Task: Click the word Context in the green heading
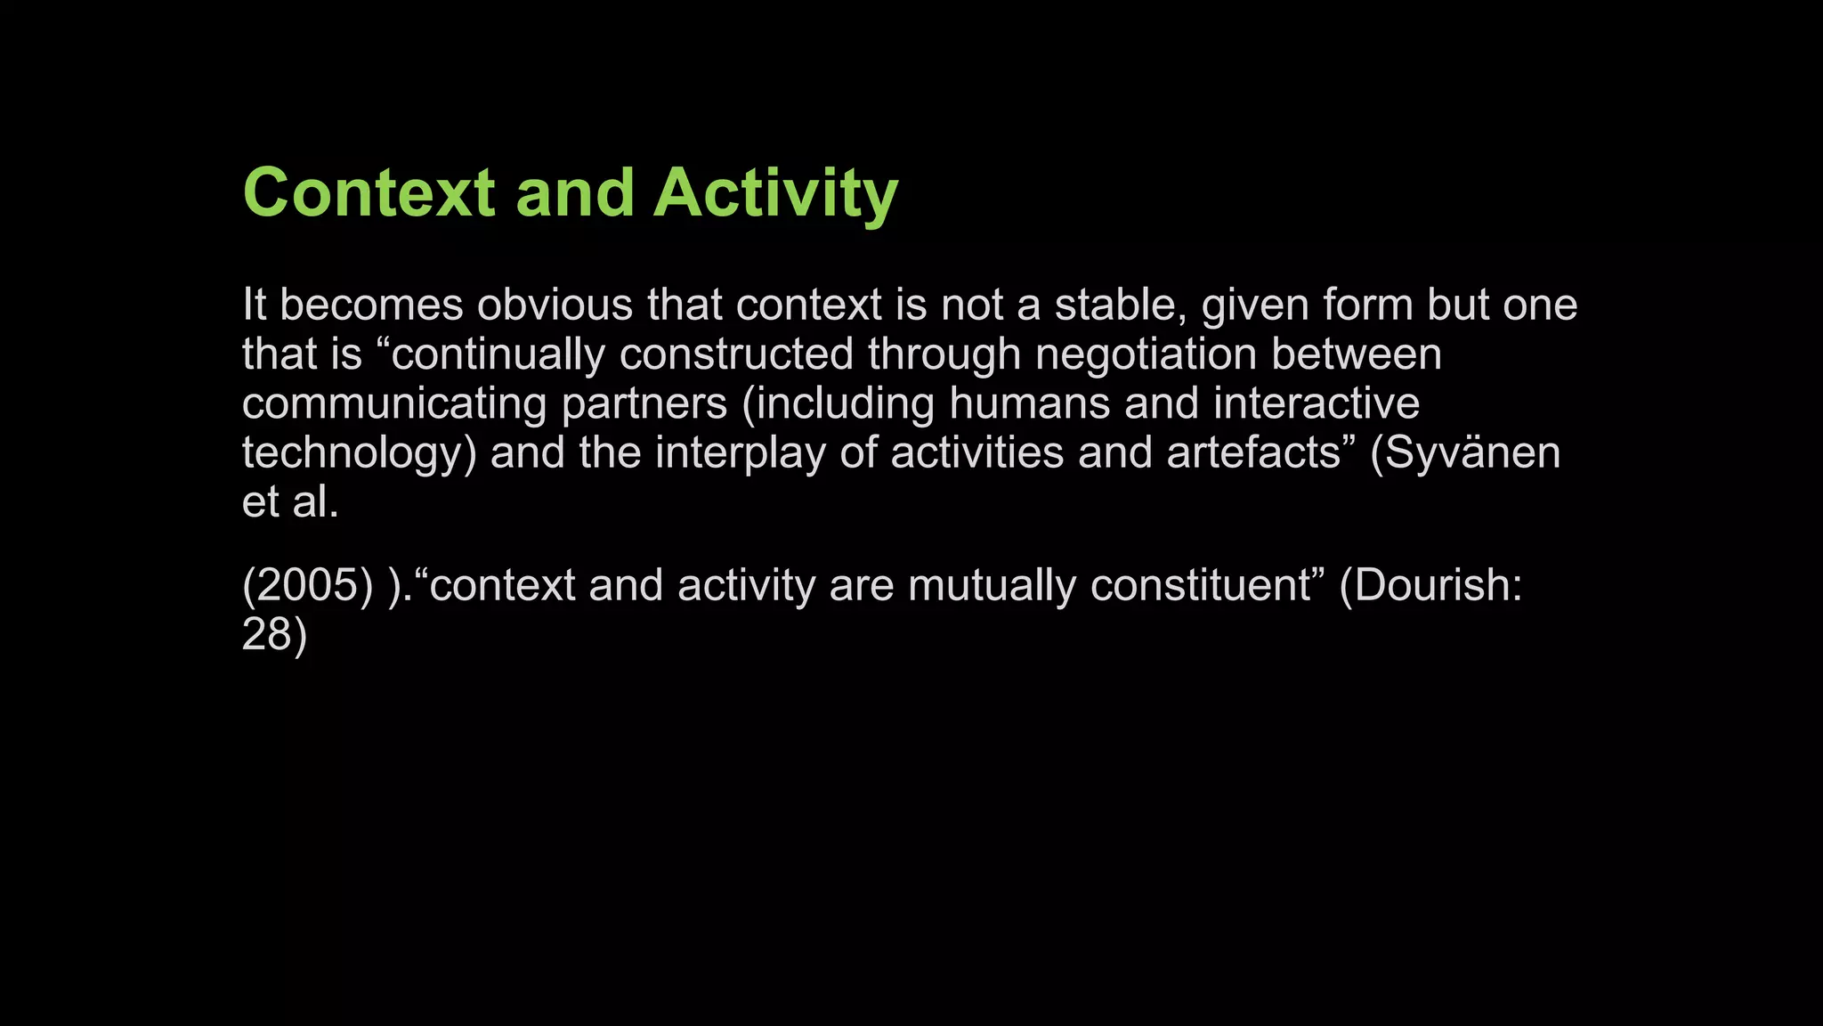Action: (369, 192)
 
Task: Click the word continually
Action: (498, 354)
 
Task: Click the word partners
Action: (644, 403)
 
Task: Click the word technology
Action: (352, 452)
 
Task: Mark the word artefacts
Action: (1253, 452)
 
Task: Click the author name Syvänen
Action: (1473, 452)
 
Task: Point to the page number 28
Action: (266, 634)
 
